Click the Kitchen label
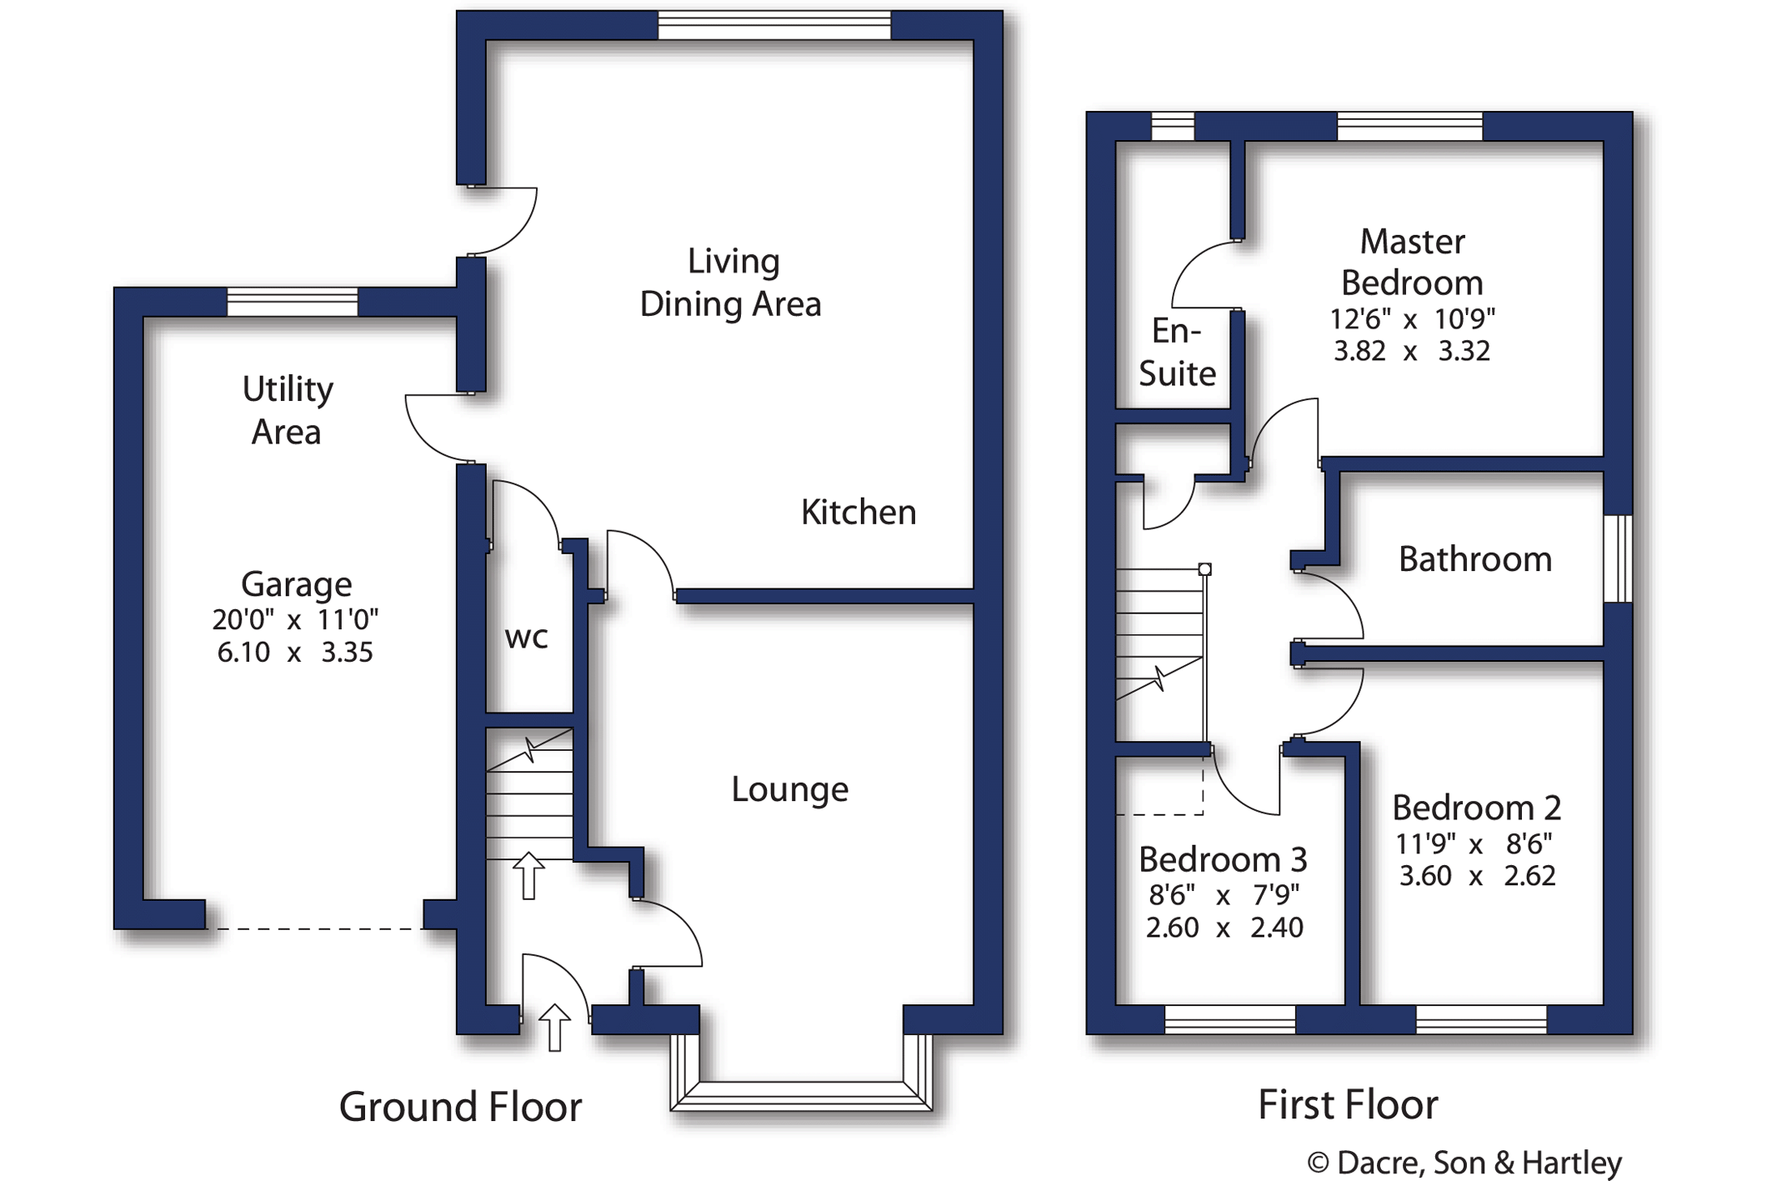(858, 513)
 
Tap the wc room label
(527, 638)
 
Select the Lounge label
(789, 789)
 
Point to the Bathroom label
(1474, 559)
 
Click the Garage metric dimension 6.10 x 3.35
(295, 652)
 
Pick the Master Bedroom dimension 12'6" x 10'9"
(1412, 318)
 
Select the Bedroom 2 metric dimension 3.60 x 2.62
(1477, 876)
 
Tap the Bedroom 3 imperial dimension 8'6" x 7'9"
(1224, 895)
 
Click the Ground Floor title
(460, 1107)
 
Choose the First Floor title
(1348, 1105)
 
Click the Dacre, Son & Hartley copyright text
(1464, 1163)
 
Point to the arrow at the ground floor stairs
(528, 875)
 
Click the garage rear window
(293, 302)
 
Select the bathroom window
(1618, 558)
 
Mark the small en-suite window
(1173, 127)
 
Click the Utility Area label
(288, 410)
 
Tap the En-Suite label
(1177, 353)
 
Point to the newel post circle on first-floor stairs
(1204, 569)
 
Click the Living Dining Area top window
(774, 25)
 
